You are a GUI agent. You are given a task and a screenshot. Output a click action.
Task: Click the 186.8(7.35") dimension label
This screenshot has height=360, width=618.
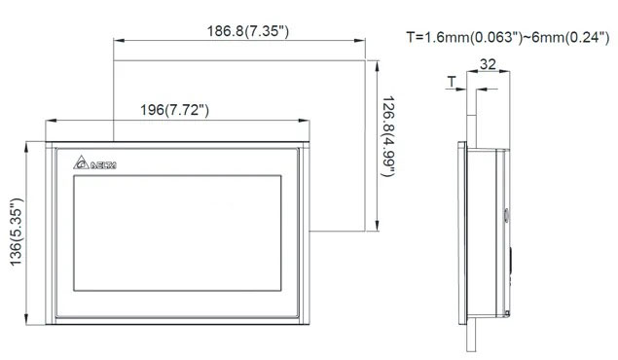pos(246,32)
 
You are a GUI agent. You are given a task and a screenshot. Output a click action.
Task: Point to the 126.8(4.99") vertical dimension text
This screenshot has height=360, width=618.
pos(387,137)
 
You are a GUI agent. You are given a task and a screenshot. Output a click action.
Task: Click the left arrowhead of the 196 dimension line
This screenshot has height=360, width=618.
pos(48,121)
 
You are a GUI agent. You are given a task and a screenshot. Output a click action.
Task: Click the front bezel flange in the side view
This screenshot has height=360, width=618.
pos(463,234)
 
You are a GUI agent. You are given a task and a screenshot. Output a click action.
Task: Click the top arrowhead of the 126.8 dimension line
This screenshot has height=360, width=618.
pos(375,60)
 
